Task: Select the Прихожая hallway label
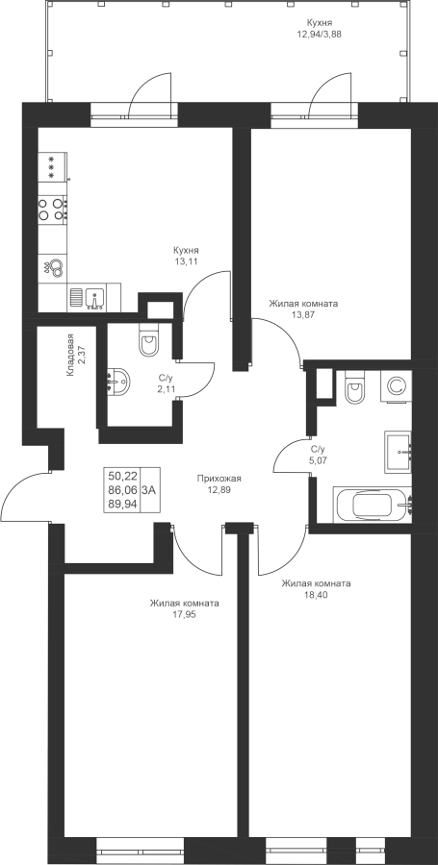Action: tap(219, 479)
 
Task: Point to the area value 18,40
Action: tap(316, 595)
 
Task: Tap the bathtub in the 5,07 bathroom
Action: tap(373, 505)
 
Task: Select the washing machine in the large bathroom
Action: tap(396, 385)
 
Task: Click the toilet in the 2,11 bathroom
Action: tap(149, 339)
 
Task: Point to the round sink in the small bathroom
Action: tap(117, 380)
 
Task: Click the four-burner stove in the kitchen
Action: tap(52, 210)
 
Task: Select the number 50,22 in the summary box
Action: tap(122, 476)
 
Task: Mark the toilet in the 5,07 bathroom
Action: tap(353, 388)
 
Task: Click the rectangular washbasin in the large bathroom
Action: tap(398, 452)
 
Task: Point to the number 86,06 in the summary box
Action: tap(122, 489)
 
